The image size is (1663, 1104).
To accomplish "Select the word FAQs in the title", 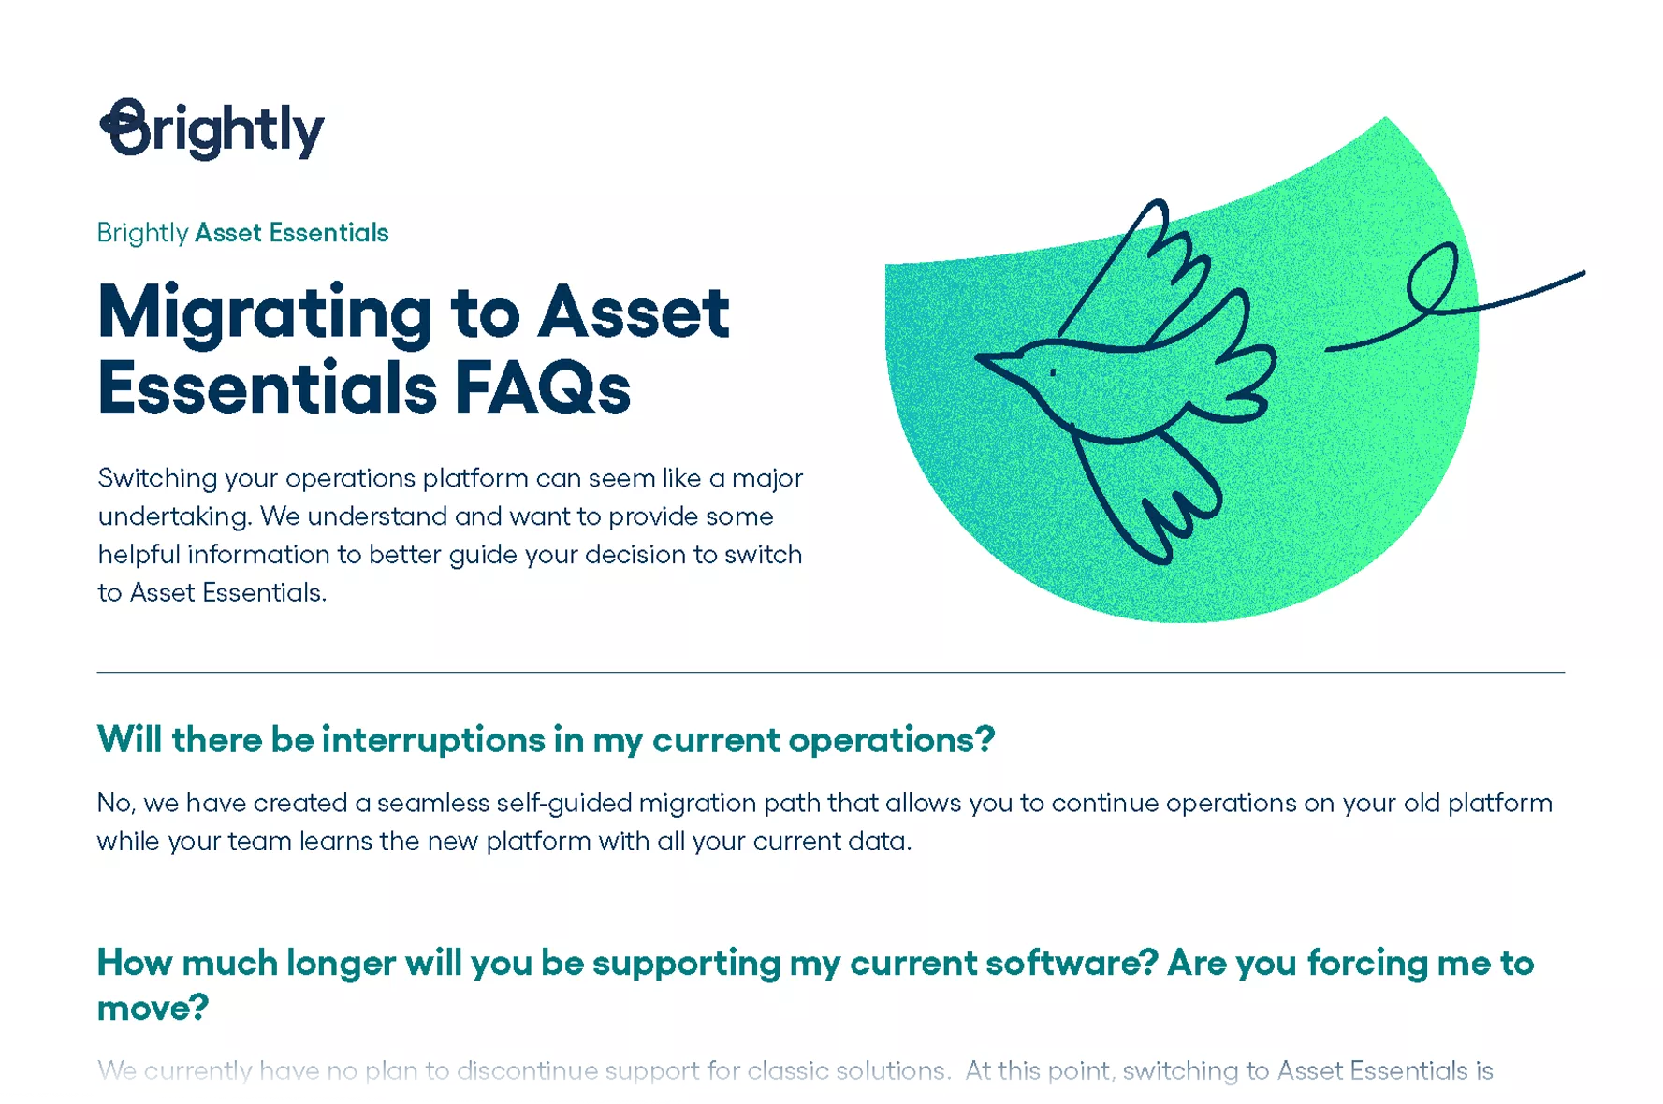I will (542, 388).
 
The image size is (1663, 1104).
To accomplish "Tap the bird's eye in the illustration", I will (1053, 372).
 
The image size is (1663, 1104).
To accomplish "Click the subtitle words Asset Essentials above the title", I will (291, 233).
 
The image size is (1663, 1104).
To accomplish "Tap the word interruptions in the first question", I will (433, 740).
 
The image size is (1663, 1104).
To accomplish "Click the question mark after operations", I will (984, 740).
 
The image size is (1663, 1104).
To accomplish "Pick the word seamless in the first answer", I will (433, 803).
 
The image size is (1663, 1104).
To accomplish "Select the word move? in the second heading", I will (153, 1008).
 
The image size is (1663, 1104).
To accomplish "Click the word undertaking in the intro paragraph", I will (173, 516).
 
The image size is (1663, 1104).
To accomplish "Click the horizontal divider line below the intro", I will (830, 672).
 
